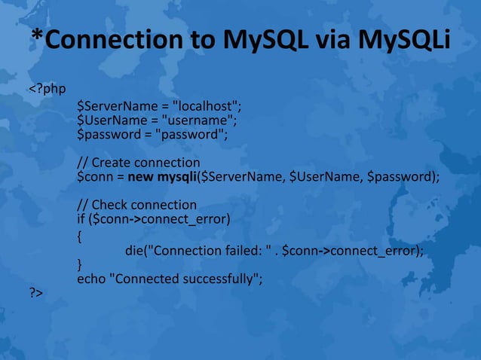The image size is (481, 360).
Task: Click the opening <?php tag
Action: pos(47,91)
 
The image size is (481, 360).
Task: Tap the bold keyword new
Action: pos(142,178)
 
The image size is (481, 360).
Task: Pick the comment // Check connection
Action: pos(137,205)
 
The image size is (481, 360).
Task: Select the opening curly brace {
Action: pos(80,236)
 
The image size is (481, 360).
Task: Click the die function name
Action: pos(136,252)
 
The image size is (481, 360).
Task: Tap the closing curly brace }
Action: pos(80,265)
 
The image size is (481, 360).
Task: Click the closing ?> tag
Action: pos(35,293)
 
